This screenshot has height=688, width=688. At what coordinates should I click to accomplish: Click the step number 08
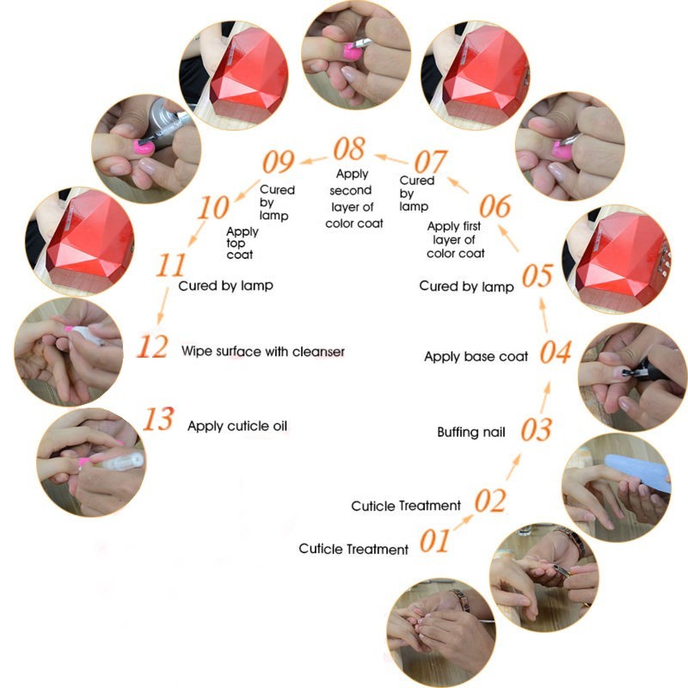[x=349, y=149]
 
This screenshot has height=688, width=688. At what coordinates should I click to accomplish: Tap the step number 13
[x=159, y=419]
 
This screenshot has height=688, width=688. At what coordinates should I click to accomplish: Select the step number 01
[x=434, y=540]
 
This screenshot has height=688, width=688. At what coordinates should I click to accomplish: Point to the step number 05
[x=537, y=275]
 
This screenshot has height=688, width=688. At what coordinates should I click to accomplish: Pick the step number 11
[x=171, y=265]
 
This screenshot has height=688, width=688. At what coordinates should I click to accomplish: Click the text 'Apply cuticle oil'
[x=237, y=426]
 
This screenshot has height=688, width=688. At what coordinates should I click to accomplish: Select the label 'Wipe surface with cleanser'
[x=263, y=352]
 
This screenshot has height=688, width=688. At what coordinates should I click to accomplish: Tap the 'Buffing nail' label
[x=471, y=433]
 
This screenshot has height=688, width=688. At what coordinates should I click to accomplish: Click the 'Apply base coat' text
[x=476, y=357]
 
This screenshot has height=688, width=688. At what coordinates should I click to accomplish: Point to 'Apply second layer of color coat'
[x=353, y=199]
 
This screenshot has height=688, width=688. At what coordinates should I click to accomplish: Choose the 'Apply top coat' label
[x=243, y=243]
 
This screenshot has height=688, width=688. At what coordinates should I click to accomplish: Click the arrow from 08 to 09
[x=313, y=160]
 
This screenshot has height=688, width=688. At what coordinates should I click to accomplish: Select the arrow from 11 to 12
[x=163, y=305]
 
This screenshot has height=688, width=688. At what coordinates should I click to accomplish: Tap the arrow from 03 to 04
[x=545, y=397]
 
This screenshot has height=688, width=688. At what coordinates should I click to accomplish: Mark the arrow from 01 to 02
[x=464, y=522]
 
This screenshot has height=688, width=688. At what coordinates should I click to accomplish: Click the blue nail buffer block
[x=637, y=471]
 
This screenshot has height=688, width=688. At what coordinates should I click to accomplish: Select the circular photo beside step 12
[x=69, y=352]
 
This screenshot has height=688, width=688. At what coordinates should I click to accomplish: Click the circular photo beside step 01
[x=441, y=633]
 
